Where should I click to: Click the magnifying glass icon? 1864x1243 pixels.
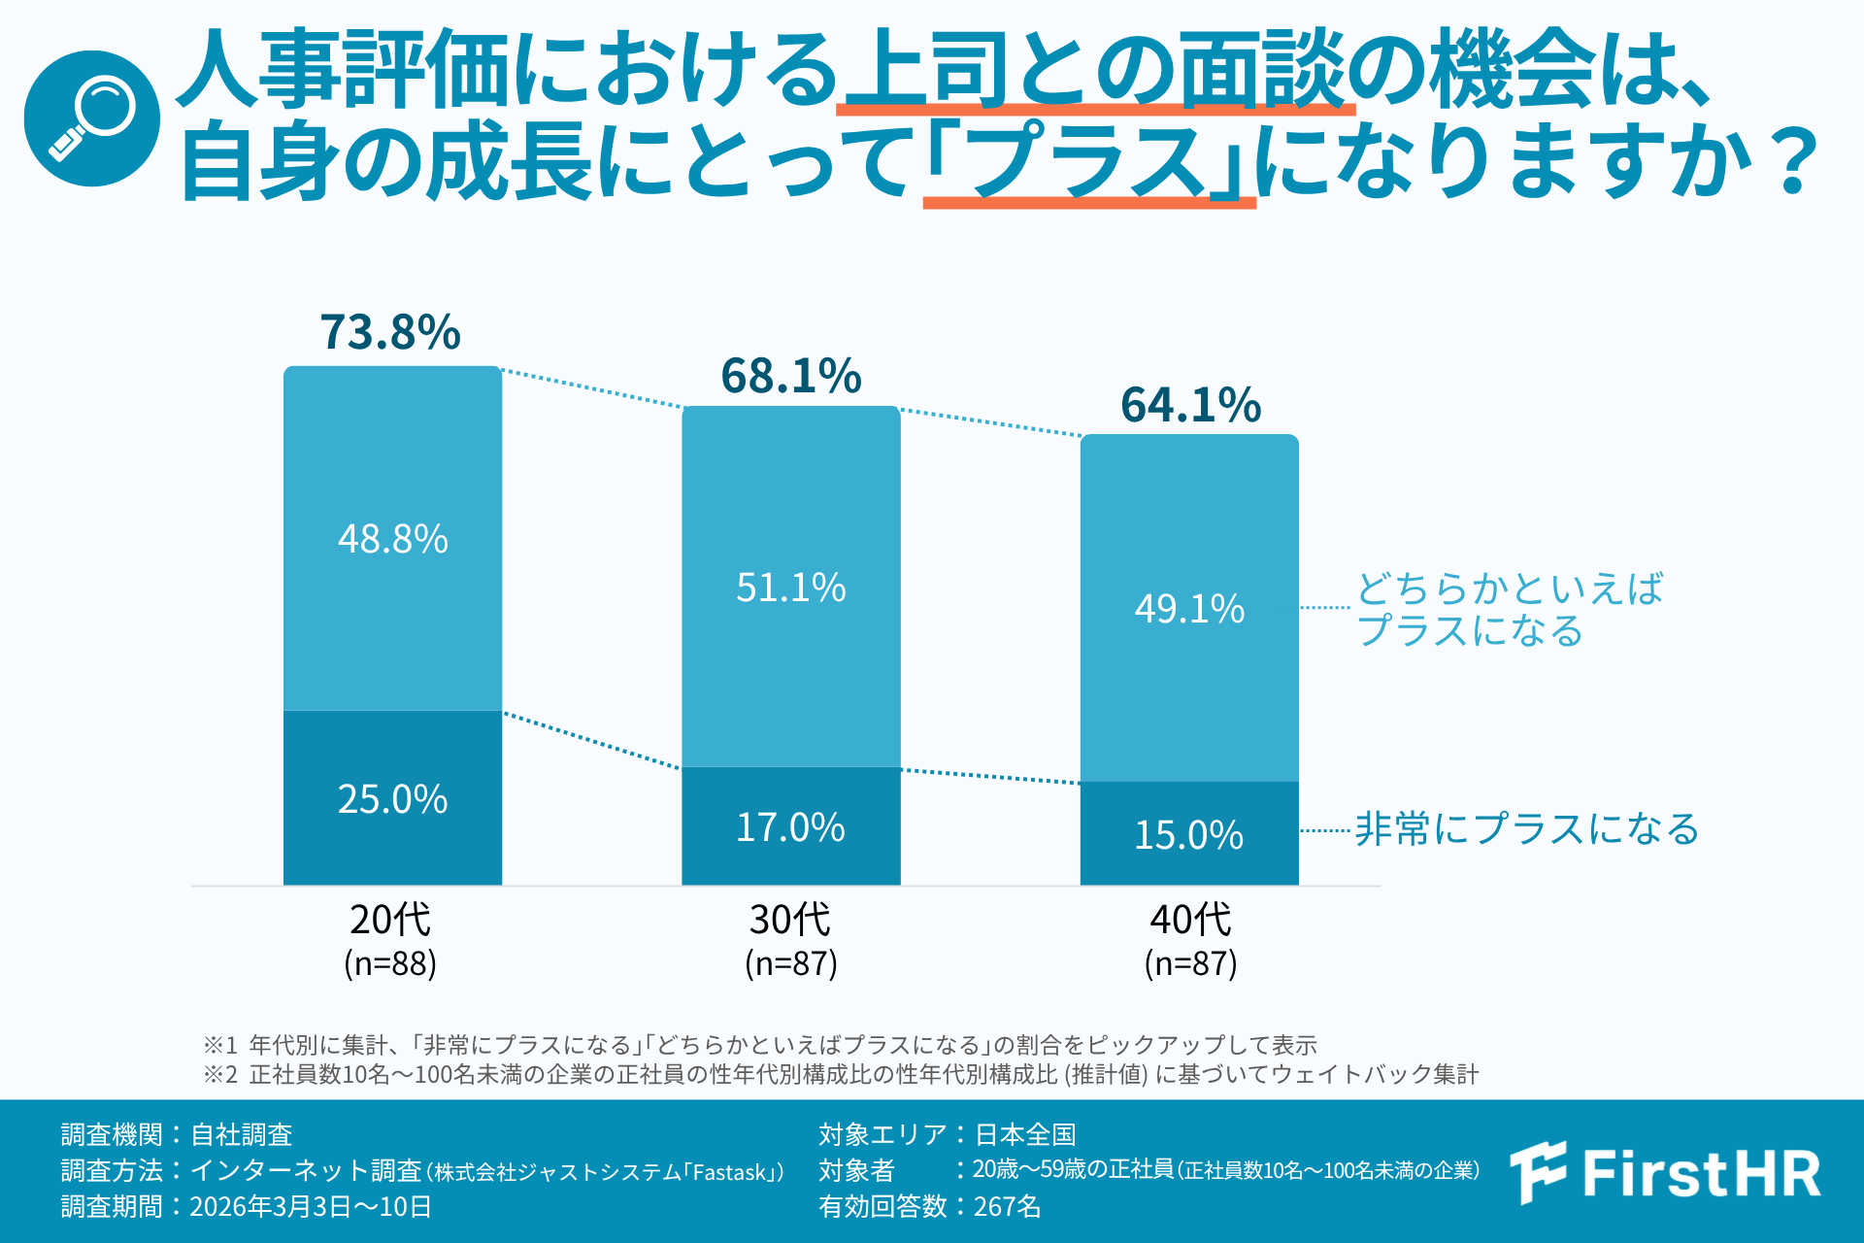[92, 118]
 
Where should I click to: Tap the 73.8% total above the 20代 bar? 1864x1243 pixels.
[390, 332]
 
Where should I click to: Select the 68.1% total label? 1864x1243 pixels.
[790, 376]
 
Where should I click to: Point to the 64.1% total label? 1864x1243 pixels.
[1190, 405]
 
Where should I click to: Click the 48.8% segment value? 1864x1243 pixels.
[392, 539]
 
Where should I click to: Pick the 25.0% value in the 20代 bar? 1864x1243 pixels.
[392, 799]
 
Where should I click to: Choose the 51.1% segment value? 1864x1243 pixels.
[790, 588]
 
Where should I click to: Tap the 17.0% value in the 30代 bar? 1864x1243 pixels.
[790, 827]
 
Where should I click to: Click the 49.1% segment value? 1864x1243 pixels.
[1189, 609]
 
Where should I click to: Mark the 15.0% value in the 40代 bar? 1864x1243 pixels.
[1189, 835]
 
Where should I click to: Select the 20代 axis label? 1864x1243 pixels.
[390, 919]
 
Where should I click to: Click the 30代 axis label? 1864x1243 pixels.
[790, 919]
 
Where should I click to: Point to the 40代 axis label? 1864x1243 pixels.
[1190, 919]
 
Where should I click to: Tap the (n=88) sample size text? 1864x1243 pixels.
[390, 963]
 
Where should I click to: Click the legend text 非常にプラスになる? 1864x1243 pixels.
[1526, 829]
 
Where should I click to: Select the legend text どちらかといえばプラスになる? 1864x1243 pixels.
[1510, 610]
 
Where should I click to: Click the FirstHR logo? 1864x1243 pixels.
[1665, 1173]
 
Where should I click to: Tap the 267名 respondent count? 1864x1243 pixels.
[1007, 1206]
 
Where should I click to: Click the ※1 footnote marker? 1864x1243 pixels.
[220, 1045]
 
